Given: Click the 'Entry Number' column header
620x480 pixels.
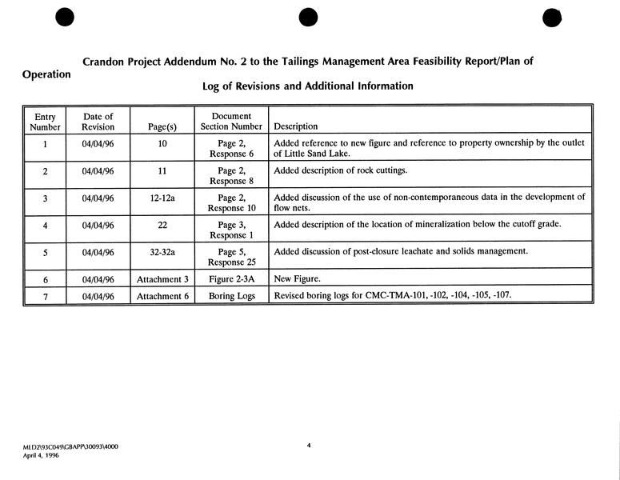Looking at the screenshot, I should coord(45,122).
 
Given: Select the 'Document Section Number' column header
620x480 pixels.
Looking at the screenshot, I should coord(231,122).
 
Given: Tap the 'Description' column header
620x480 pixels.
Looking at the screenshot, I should coord(295,126).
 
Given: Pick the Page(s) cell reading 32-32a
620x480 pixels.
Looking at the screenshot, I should coord(162,253).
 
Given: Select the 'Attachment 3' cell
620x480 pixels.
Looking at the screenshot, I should coord(162,280).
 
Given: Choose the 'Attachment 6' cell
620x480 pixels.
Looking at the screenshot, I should coord(162,296).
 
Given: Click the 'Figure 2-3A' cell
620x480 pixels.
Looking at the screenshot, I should coord(231,279).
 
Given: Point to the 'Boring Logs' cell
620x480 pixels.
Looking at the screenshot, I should coord(231,295).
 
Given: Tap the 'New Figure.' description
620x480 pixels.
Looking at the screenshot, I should coord(297,279).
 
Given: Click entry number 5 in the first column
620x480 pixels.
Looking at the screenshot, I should coord(45,253).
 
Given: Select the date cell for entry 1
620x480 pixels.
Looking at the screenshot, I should coord(98,145).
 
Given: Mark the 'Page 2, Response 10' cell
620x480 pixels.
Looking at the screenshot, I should coord(231,202).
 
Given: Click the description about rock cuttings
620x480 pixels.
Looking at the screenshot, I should coord(340,170).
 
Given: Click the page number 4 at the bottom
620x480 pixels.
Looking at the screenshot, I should coord(309,445).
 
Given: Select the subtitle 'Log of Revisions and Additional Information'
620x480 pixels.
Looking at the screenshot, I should coord(307,86).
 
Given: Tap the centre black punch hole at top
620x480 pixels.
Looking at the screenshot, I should coord(308,16).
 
